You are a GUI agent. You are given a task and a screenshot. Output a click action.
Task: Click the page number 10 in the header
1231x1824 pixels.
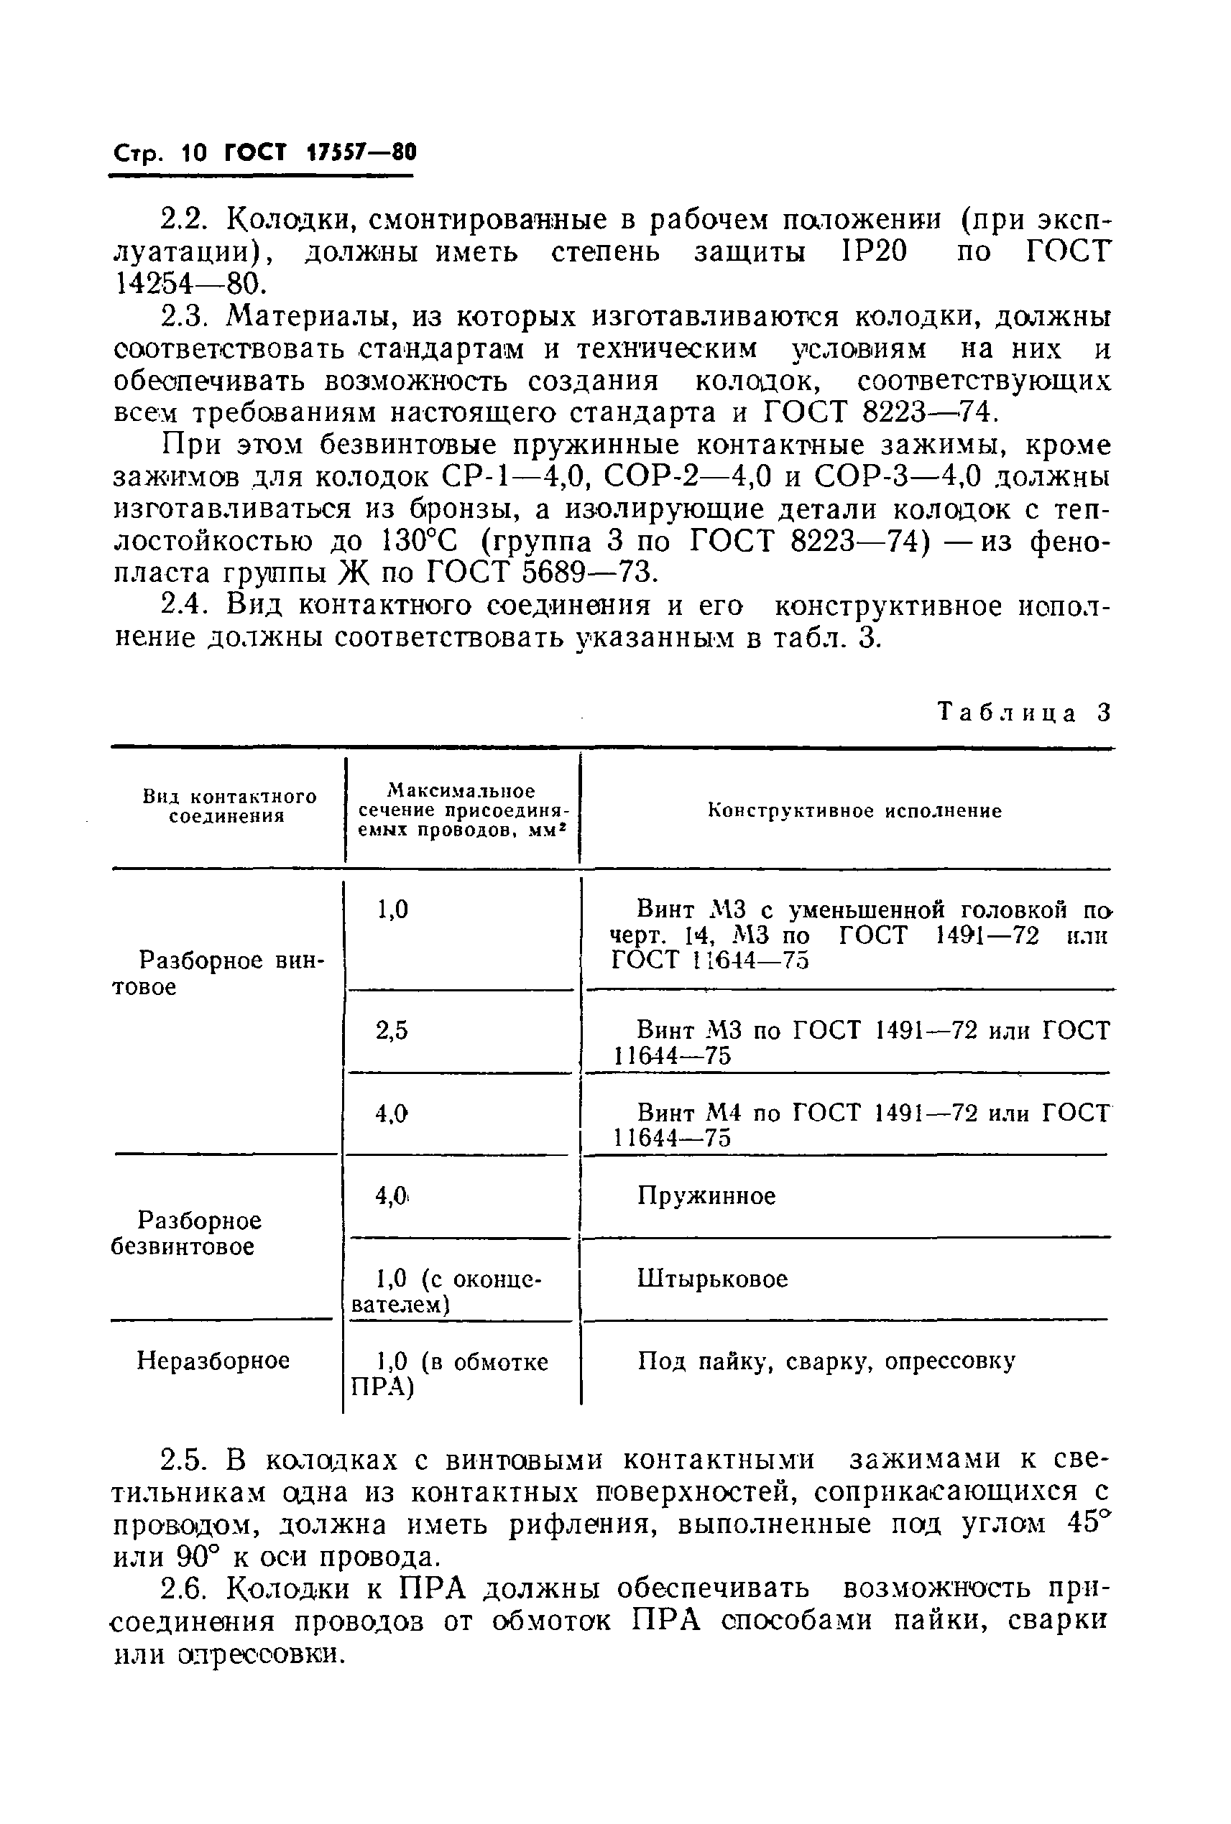(x=193, y=152)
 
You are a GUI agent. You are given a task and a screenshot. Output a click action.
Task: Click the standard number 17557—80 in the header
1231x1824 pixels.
(x=359, y=152)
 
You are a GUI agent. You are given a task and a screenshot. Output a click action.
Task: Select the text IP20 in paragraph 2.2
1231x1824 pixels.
(x=873, y=253)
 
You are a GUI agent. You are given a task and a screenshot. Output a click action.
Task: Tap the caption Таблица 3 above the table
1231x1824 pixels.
(x=1025, y=713)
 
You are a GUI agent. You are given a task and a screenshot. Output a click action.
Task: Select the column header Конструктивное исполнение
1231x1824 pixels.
(x=855, y=812)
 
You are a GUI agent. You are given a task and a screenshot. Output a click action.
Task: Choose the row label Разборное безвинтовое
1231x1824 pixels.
(x=199, y=1233)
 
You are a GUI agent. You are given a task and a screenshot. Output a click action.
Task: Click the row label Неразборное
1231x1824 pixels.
(x=213, y=1360)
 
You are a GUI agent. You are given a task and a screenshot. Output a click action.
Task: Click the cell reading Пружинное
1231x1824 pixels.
(x=706, y=1196)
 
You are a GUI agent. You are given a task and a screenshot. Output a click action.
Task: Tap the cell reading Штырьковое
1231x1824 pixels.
(x=712, y=1279)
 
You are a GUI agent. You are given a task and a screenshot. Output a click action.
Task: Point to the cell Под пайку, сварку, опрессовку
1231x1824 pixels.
(x=826, y=1361)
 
